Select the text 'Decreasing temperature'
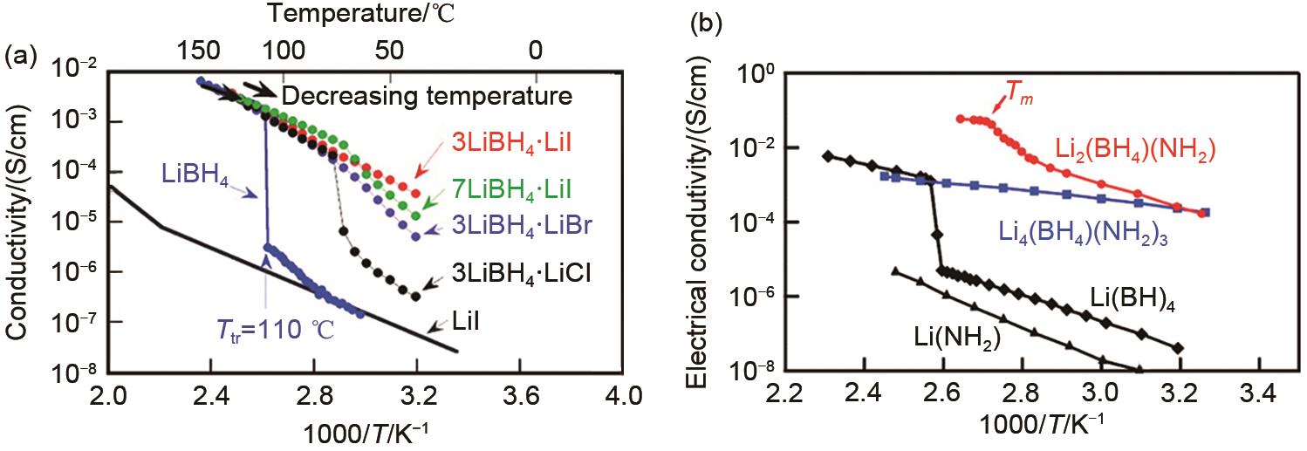click(427, 94)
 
